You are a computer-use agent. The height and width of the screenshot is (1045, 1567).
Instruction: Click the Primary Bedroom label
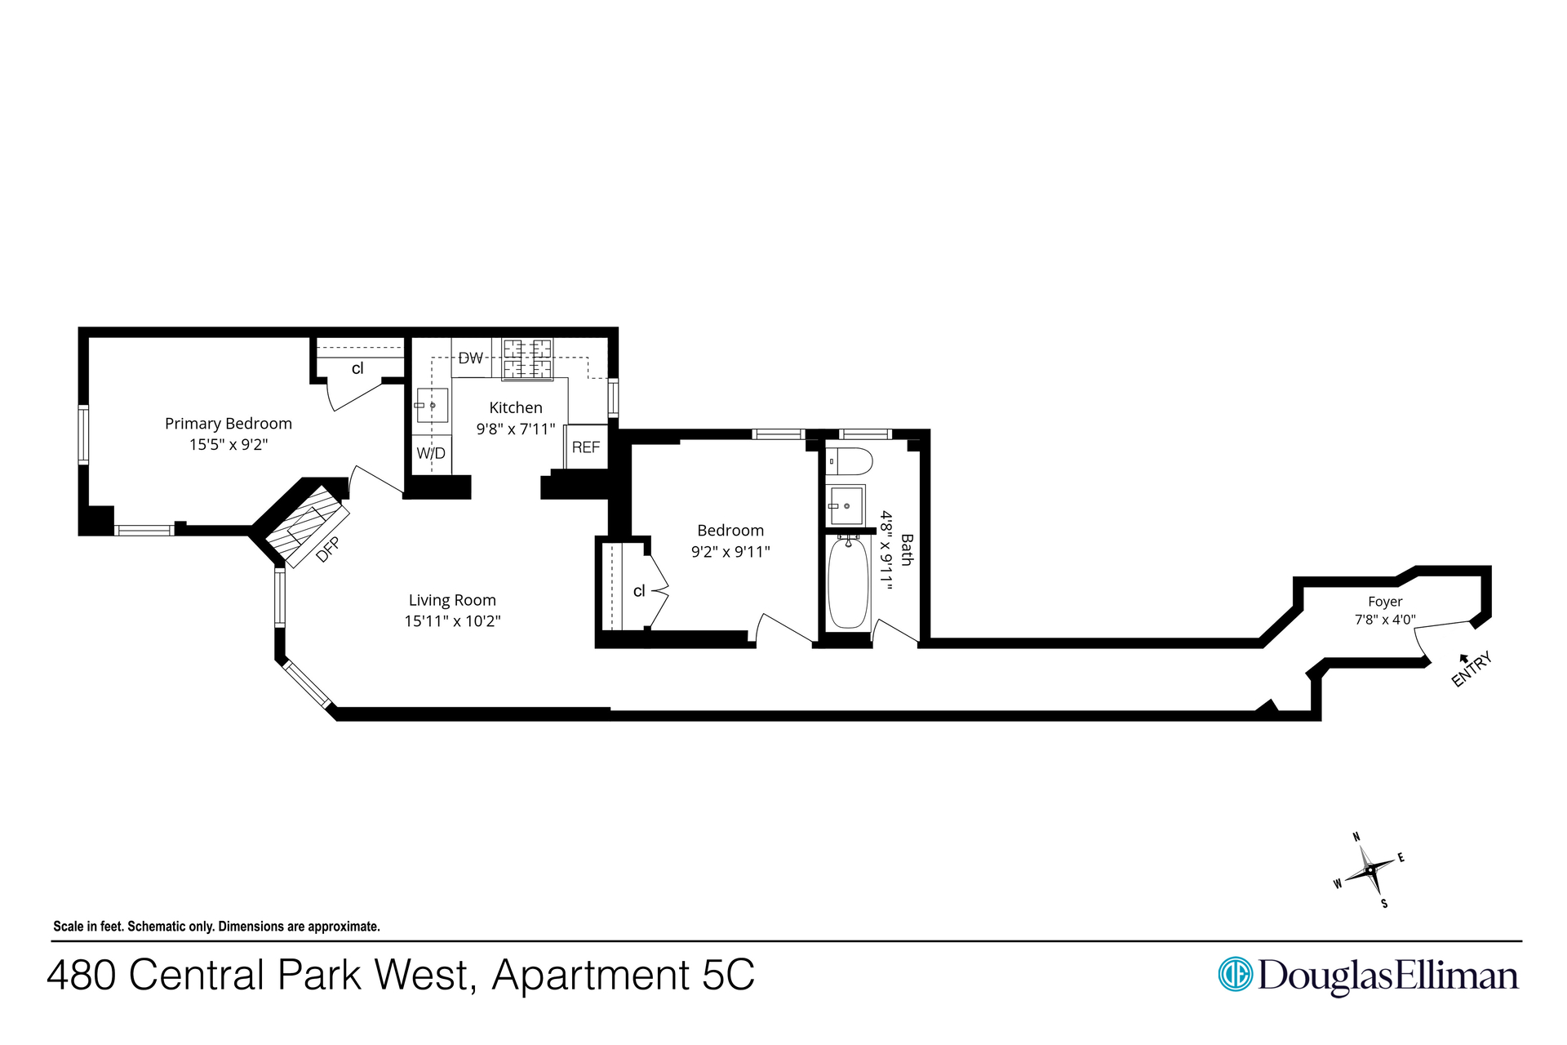pyautogui.click(x=229, y=424)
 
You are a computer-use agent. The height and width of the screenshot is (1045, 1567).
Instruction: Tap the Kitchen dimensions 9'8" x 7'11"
pyautogui.click(x=516, y=429)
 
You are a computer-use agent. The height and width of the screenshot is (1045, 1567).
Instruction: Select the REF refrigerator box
pyautogui.click(x=586, y=447)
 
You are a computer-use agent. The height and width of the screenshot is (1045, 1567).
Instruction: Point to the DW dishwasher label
pyautogui.click(x=471, y=358)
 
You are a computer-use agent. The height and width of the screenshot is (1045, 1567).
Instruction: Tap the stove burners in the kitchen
pyautogui.click(x=527, y=359)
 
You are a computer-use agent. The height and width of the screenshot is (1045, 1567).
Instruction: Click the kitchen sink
pyautogui.click(x=432, y=405)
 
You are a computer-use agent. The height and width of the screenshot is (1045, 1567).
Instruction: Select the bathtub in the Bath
pyautogui.click(x=848, y=582)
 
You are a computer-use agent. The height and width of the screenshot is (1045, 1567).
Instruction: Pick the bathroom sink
pyautogui.click(x=846, y=506)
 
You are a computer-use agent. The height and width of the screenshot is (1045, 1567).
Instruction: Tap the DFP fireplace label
pyautogui.click(x=327, y=549)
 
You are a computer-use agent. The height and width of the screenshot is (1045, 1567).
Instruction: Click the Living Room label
pyautogui.click(x=452, y=600)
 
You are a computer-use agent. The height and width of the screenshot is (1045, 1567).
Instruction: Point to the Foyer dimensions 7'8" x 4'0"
pyautogui.click(x=1385, y=620)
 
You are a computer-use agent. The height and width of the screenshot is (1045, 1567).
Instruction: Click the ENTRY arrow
pyautogui.click(x=1463, y=658)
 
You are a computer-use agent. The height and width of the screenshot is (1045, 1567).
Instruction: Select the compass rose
pyautogui.click(x=1369, y=870)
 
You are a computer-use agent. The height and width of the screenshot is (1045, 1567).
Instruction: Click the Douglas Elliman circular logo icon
pyautogui.click(x=1235, y=974)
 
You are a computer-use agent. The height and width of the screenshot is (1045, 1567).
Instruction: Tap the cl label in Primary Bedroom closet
pyautogui.click(x=357, y=368)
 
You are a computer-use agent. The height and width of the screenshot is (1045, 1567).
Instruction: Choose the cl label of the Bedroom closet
pyautogui.click(x=639, y=590)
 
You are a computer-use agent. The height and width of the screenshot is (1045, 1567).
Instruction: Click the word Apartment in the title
pyautogui.click(x=592, y=975)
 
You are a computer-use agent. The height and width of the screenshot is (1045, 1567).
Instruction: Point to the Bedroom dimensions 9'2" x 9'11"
pyautogui.click(x=730, y=552)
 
